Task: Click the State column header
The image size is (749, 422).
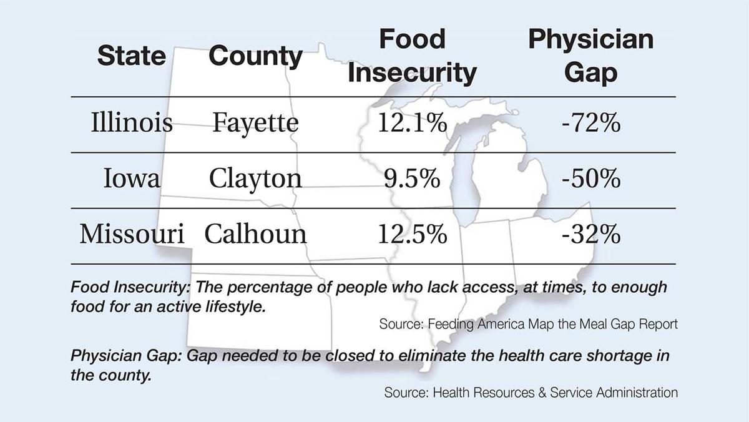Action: point(131,56)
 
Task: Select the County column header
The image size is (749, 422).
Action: point(255,56)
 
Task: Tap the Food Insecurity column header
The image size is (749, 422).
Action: point(412,56)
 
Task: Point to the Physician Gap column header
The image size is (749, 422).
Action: point(590,56)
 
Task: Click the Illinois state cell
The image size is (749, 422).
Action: point(131,123)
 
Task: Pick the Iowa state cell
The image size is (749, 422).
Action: point(132,179)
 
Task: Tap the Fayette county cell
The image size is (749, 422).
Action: point(255,123)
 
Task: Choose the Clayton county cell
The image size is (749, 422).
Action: point(255,179)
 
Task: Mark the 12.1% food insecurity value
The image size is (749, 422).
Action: point(412,123)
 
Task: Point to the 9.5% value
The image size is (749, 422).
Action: point(412,179)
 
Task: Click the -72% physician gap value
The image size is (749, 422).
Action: point(590,123)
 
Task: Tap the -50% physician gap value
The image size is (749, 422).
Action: point(590,179)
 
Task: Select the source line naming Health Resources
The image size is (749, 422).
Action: point(531,393)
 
